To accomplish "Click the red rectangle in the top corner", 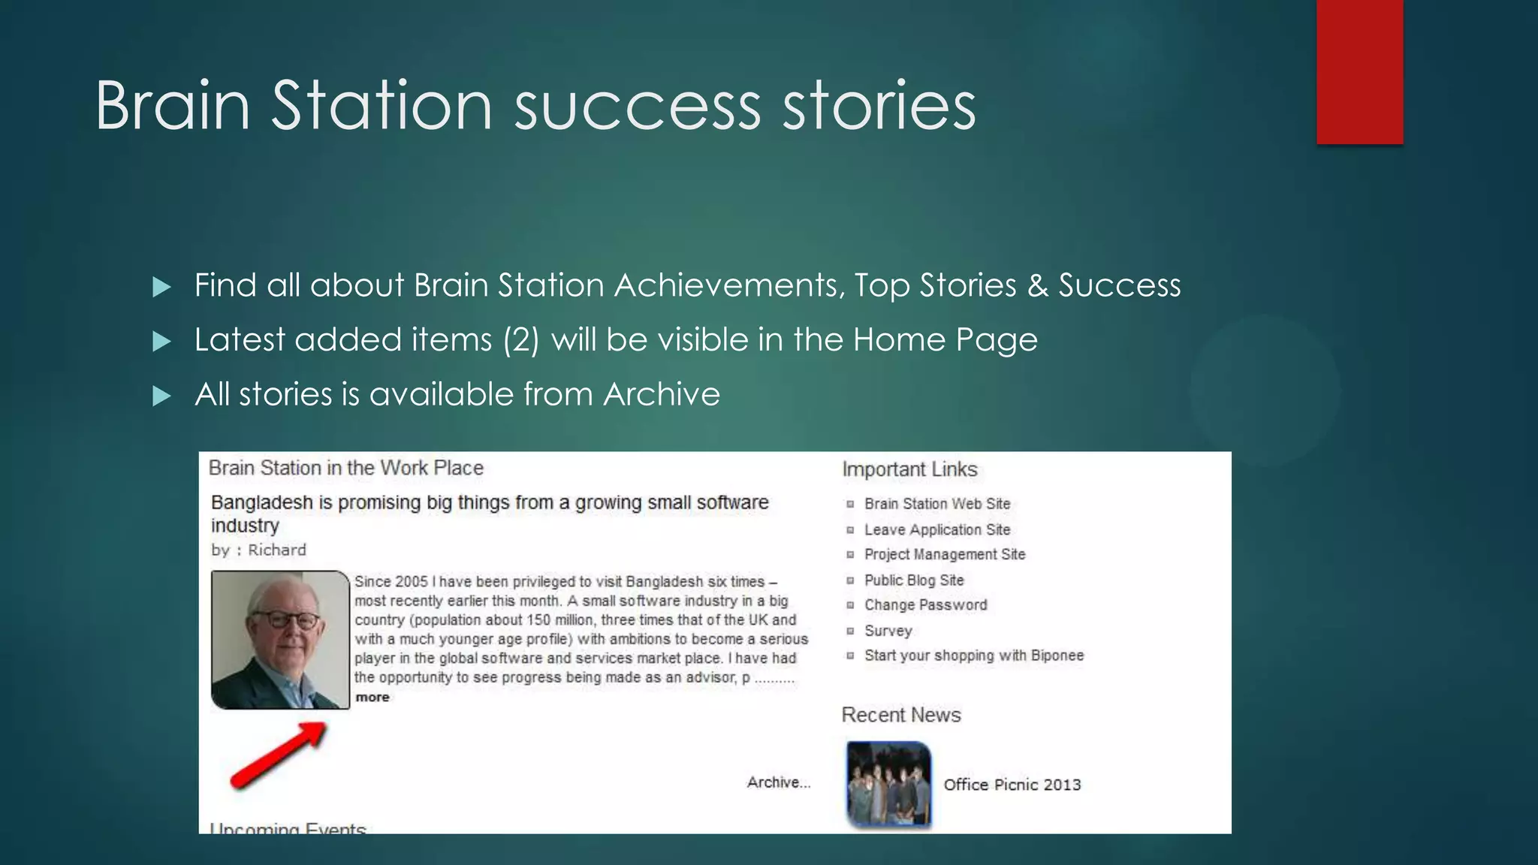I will (1359, 72).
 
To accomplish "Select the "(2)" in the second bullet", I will (521, 340).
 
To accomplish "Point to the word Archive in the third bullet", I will (662, 394).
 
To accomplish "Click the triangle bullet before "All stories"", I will (161, 396).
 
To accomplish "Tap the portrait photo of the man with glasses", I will (280, 640).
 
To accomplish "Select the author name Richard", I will (276, 550).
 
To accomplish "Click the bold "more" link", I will (372, 697).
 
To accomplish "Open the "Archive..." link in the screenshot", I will (778, 782).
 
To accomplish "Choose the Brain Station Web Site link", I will (936, 504).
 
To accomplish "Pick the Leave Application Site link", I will (936, 529).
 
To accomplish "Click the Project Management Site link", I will (944, 554).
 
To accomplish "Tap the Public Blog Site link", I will (913, 580).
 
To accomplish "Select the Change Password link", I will (925, 604).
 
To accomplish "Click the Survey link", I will (888, 631).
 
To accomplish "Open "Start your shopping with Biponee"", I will (973, 656).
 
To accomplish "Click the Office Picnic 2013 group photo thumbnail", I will (888, 785).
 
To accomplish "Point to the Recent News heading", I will (900, 715).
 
